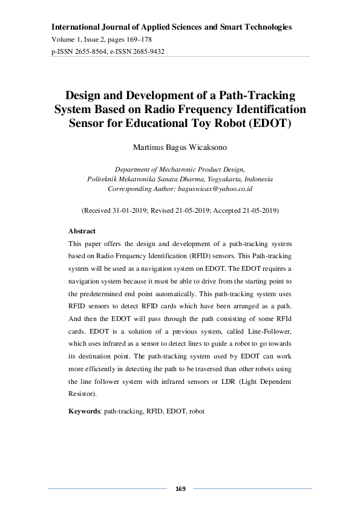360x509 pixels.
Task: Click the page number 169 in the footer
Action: (x=180, y=488)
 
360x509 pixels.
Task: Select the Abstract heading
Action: (x=82, y=231)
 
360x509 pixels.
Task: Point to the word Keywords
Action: (x=84, y=411)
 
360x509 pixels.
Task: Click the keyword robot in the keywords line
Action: (x=197, y=411)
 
